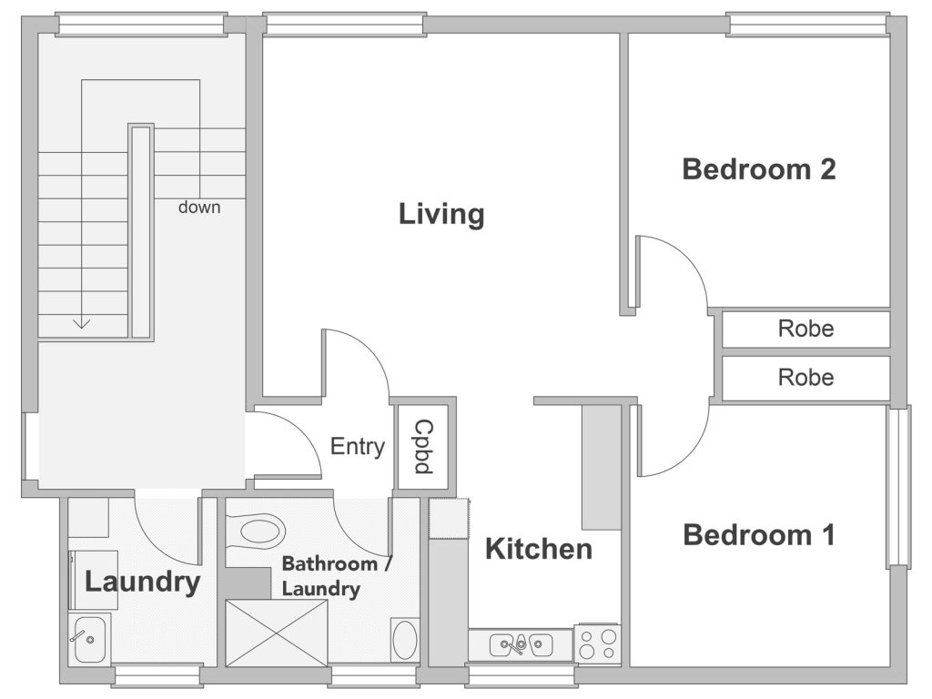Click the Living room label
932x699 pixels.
(441, 215)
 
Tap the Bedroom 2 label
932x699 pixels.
(759, 169)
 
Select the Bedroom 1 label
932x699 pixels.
(759, 535)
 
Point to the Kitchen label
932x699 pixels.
(539, 549)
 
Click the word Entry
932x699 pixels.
(357, 446)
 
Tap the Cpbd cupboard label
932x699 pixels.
(423, 446)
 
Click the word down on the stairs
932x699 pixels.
(199, 208)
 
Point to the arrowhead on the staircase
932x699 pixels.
(81, 325)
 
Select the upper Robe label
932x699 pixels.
(806, 328)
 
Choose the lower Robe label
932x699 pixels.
(806, 377)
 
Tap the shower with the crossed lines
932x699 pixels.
(277, 633)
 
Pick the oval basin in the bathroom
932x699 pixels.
(405, 640)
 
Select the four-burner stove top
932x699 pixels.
(597, 644)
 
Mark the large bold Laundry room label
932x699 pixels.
(142, 582)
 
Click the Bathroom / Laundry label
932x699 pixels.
(337, 576)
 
